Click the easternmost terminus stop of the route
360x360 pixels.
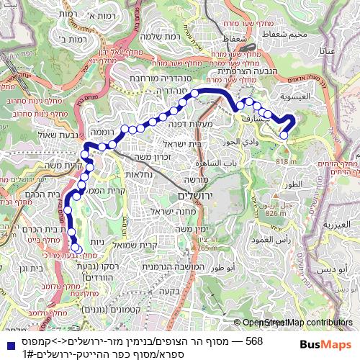(x=284, y=135)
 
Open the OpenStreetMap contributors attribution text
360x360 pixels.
(x=297, y=323)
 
